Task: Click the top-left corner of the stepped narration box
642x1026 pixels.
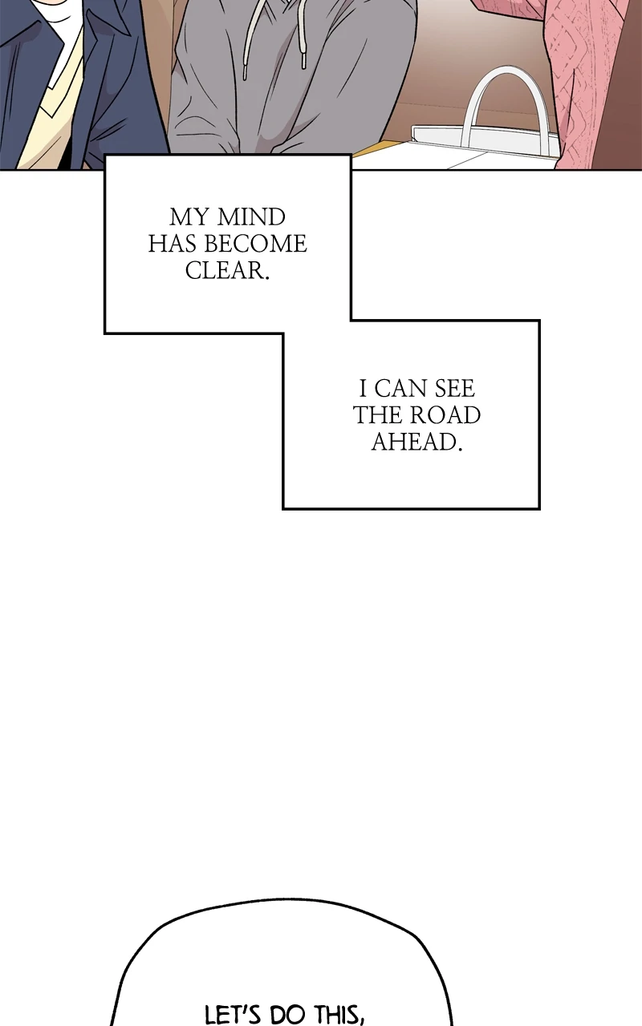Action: (105, 156)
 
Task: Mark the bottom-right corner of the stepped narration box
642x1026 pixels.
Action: (539, 508)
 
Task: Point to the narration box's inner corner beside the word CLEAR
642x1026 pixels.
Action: (351, 320)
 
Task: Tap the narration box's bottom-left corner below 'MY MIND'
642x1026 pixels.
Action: (105, 333)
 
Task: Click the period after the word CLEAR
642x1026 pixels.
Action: (266, 278)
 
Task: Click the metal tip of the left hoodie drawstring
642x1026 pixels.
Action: (245, 72)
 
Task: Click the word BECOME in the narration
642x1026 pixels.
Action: (255, 244)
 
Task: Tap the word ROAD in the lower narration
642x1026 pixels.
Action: (445, 415)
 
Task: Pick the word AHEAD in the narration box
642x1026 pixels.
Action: (416, 442)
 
